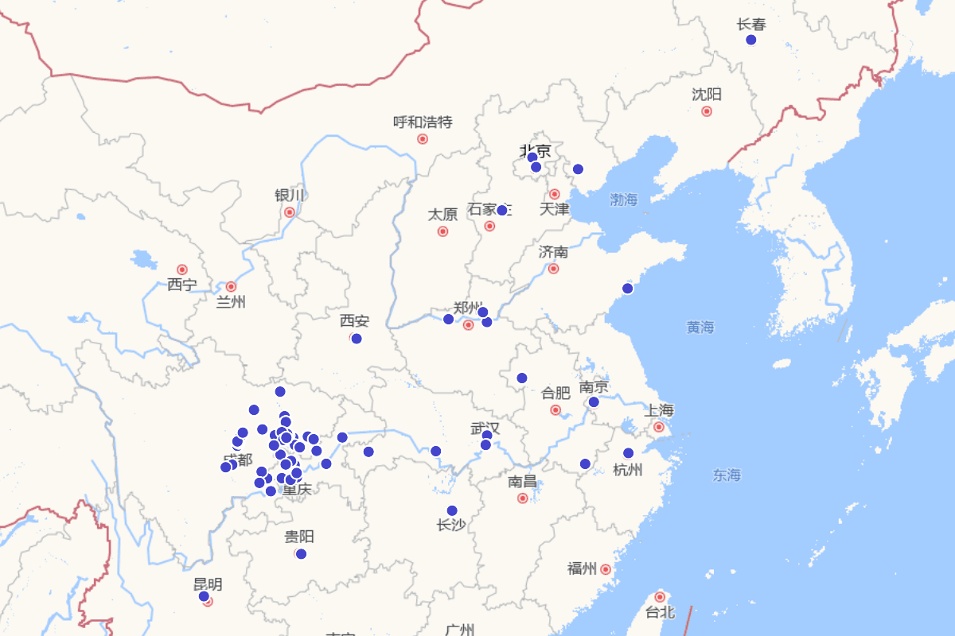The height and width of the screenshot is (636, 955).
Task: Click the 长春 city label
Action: (x=751, y=25)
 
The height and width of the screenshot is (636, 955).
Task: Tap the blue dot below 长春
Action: (x=750, y=40)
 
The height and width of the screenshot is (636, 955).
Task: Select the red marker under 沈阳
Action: (x=707, y=111)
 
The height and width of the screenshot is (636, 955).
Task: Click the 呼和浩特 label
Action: (x=423, y=122)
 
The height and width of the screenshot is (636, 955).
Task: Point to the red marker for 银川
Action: (x=290, y=212)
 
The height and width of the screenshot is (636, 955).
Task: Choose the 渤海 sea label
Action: (x=624, y=200)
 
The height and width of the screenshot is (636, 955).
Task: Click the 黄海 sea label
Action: (x=700, y=327)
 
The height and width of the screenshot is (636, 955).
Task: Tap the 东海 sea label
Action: (x=727, y=475)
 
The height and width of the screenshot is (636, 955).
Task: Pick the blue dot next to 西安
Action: (x=357, y=339)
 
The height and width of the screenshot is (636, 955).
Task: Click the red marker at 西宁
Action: (x=182, y=270)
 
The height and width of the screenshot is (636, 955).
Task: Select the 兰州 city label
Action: (x=231, y=302)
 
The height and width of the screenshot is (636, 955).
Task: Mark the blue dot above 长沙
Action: (x=452, y=510)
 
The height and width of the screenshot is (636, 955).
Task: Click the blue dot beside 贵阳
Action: (x=301, y=554)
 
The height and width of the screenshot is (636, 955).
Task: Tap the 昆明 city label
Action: (x=208, y=584)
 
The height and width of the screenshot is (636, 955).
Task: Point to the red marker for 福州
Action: (x=606, y=569)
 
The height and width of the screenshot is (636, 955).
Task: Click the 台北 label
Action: (x=660, y=612)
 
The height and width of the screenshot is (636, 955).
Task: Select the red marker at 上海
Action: (x=659, y=427)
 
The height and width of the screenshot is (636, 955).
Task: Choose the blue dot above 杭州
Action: (x=629, y=453)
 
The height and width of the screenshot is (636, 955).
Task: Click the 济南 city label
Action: (x=553, y=252)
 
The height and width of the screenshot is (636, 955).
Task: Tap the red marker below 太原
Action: (x=442, y=231)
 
